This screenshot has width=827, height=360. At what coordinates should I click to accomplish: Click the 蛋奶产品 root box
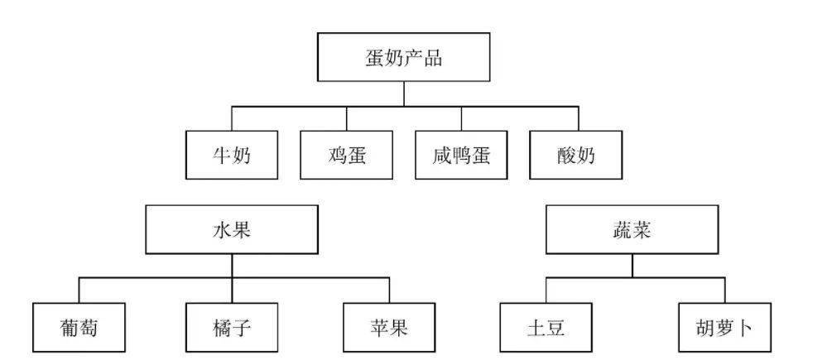403,57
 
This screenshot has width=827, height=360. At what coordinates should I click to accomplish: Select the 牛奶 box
232,155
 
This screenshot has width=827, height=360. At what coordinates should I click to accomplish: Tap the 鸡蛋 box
347,155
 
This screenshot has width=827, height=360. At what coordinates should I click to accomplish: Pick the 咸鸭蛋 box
461,155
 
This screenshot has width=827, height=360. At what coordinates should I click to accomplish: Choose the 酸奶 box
576,155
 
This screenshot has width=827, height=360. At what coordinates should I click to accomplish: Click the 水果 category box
232,229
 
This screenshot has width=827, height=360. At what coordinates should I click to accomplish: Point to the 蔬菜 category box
632,229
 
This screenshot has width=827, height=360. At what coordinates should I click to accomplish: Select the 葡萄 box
79,328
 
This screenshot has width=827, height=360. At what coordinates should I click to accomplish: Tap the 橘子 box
232,328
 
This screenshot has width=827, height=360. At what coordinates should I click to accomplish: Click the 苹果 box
389,328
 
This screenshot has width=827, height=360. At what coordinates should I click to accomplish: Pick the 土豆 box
546,328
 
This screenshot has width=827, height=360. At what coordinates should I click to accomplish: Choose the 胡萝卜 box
724,328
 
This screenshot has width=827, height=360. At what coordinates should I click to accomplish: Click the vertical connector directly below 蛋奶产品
403,94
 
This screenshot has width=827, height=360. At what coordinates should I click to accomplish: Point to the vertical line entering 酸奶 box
578,118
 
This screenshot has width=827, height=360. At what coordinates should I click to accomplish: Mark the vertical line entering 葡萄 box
79,290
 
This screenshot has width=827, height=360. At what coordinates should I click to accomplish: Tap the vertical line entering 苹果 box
389,290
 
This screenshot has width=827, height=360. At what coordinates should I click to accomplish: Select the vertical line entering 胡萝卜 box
724,290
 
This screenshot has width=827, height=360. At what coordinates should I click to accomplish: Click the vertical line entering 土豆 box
546,290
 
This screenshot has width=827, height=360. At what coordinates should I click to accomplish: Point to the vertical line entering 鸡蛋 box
347,118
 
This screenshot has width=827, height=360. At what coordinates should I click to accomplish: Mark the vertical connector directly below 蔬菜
632,266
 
